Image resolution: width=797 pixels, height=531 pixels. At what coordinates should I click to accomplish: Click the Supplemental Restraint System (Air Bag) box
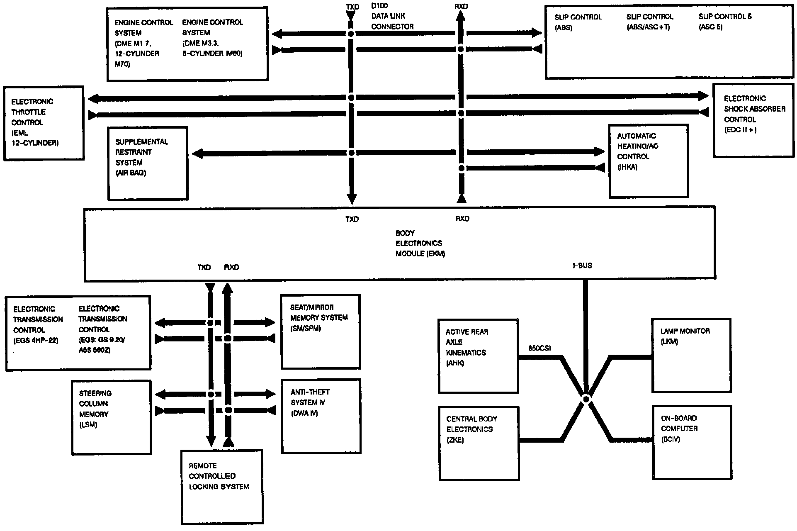pyautogui.click(x=148, y=163)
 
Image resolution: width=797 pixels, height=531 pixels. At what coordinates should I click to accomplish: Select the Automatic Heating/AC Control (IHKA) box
pyautogui.click(x=649, y=161)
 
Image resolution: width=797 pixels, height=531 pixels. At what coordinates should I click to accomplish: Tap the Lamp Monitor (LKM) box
pyautogui.click(x=691, y=356)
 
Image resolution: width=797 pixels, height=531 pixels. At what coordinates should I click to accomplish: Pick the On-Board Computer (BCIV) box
pyautogui.click(x=692, y=443)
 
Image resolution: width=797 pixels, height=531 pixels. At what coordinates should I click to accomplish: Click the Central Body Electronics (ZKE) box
pyautogui.click(x=479, y=443)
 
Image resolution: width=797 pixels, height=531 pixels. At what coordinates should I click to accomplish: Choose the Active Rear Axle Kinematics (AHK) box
pyautogui.click(x=478, y=356)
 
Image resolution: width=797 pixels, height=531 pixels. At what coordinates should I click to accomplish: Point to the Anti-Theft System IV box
pyautogui.click(x=321, y=416)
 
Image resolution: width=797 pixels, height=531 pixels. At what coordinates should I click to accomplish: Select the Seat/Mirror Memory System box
pyautogui.click(x=321, y=331)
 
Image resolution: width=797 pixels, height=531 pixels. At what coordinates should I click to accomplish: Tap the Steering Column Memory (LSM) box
pyautogui.click(x=111, y=418)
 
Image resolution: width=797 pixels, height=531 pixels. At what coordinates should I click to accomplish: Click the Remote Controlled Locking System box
pyautogui.click(x=222, y=487)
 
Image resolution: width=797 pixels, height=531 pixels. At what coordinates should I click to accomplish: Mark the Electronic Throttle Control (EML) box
pyautogui.click(x=44, y=123)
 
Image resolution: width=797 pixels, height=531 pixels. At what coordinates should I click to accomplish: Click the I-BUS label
pyautogui.click(x=582, y=265)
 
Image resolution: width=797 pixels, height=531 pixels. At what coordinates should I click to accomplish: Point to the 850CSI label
pyautogui.click(x=539, y=348)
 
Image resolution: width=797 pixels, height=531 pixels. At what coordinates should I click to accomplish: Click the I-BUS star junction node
pyautogui.click(x=586, y=399)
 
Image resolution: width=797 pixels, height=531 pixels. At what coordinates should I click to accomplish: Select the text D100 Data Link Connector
pyautogui.click(x=392, y=17)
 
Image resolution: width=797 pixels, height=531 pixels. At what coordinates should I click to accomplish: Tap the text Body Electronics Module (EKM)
pyautogui.click(x=420, y=244)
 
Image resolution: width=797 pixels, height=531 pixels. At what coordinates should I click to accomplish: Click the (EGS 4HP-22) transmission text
pyautogui.click(x=36, y=341)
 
